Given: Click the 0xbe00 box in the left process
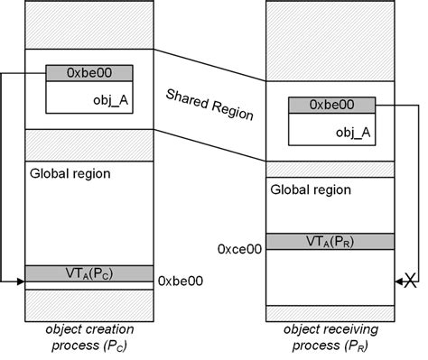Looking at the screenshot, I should tap(88, 73).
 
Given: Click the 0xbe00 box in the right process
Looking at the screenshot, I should tap(331, 106).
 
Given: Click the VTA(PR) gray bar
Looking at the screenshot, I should tap(331, 241).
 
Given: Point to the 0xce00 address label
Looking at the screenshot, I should tap(240, 247).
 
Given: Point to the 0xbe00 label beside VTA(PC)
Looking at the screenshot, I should tap(181, 281).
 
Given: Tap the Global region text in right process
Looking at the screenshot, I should tap(307, 190).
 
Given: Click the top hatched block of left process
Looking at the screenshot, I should tap(88, 26).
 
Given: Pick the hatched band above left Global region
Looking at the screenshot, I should tap(88, 143).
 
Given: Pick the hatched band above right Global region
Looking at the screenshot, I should tap(331, 166).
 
